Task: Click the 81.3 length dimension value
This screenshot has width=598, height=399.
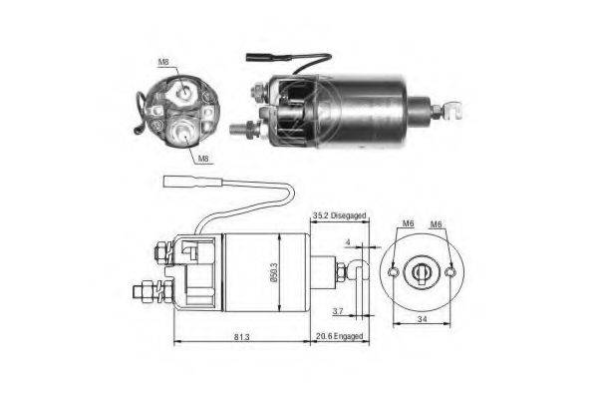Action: tap(242, 337)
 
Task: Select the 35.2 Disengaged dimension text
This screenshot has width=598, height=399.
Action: tap(339, 215)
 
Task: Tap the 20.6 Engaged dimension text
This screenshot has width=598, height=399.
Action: tap(339, 336)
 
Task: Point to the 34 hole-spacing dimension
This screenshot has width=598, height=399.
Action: tap(422, 319)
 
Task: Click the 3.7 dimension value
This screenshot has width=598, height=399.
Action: tap(338, 311)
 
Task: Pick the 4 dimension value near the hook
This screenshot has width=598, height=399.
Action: tap(348, 242)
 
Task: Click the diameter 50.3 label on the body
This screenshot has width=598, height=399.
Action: tap(275, 272)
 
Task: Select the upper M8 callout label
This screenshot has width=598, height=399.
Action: tap(163, 62)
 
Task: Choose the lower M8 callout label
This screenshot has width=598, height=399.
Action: tap(203, 159)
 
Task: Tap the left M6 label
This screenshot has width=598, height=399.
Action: tap(408, 223)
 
